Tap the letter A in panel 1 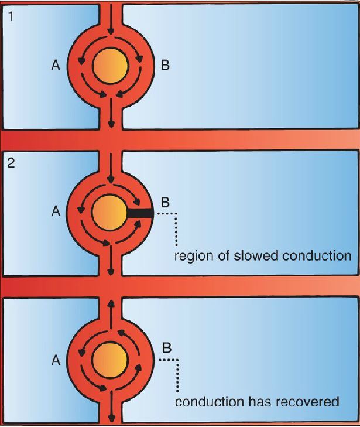(56, 66)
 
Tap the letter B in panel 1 (165, 66)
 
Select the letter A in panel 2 (56, 212)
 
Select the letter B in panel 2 (165, 203)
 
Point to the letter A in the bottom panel (56, 361)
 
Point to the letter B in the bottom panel (166, 348)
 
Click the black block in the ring (140, 213)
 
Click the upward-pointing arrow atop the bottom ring (110, 308)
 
